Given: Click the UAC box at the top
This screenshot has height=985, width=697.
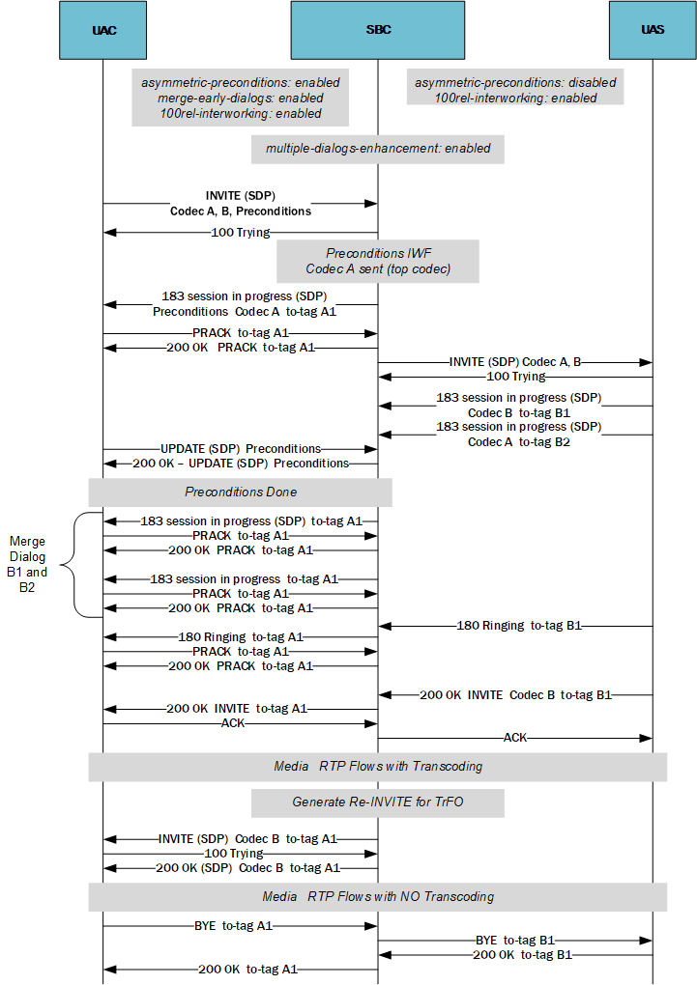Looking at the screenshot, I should (103, 30).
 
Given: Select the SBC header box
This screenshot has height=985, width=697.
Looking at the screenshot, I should (378, 30).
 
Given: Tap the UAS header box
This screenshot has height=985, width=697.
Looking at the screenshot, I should (653, 30).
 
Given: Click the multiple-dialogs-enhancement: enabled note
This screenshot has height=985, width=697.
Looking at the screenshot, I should (378, 149).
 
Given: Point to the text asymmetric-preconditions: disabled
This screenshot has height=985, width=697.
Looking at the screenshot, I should (515, 83).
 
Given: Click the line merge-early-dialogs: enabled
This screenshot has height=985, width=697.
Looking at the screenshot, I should (240, 98).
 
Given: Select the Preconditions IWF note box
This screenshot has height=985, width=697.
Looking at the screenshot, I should (378, 261).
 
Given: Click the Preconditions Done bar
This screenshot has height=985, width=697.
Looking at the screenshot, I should (241, 492).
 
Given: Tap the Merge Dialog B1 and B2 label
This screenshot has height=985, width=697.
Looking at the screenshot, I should (27, 564).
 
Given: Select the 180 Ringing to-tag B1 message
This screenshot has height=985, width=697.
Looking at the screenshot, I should (518, 626).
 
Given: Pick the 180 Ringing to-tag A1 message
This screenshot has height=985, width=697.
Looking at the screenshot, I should (241, 637).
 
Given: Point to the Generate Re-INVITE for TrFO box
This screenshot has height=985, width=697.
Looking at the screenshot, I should (378, 802).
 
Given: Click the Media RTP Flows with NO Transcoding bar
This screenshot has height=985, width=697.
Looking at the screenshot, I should (378, 896).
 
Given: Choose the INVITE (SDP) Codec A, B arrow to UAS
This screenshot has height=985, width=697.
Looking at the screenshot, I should (513, 362).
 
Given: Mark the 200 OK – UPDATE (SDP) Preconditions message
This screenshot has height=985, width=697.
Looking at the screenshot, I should (241, 464).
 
